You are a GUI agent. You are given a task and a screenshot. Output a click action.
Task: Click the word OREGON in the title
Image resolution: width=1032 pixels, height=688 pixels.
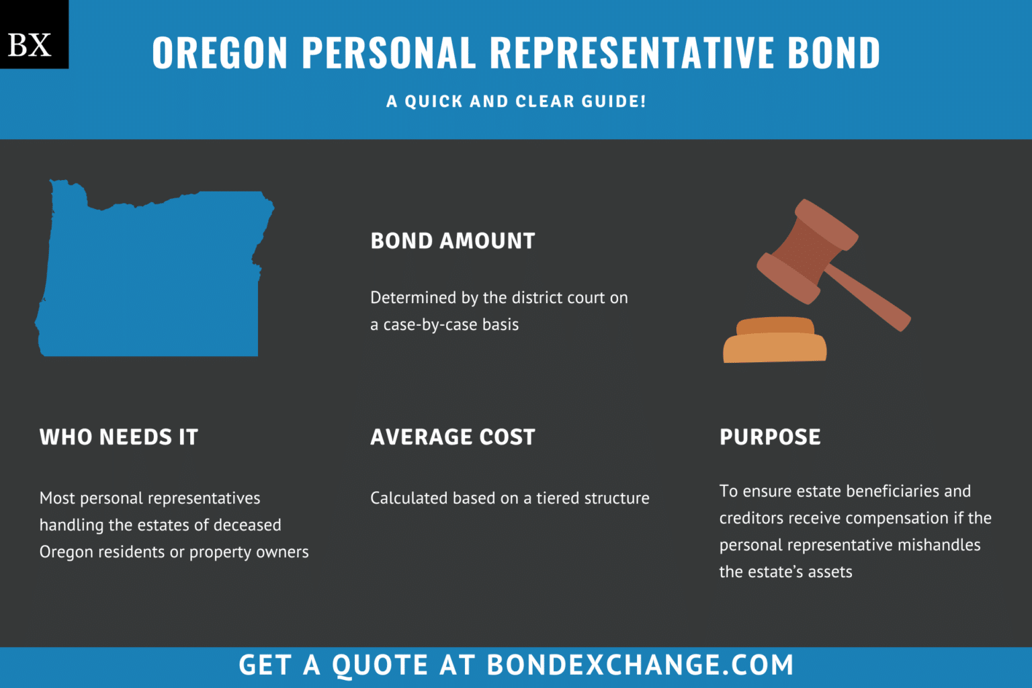tap(220, 52)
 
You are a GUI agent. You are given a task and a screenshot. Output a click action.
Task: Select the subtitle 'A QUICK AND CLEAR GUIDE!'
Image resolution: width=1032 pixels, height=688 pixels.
tap(516, 101)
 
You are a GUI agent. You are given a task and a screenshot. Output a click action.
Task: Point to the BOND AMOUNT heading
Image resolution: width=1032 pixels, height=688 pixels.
tap(452, 241)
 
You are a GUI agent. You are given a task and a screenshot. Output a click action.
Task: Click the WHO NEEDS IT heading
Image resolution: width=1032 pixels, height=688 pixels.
tap(119, 437)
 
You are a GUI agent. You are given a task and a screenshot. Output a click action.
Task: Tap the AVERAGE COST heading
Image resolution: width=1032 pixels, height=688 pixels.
tap(452, 437)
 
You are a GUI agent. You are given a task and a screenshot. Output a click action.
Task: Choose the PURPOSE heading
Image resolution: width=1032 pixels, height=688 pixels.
tap(770, 437)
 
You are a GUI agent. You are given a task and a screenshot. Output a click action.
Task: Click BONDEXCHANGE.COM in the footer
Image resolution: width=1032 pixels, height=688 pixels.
tap(640, 665)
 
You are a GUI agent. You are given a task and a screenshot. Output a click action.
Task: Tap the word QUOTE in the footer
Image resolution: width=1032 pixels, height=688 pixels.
tap(380, 665)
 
